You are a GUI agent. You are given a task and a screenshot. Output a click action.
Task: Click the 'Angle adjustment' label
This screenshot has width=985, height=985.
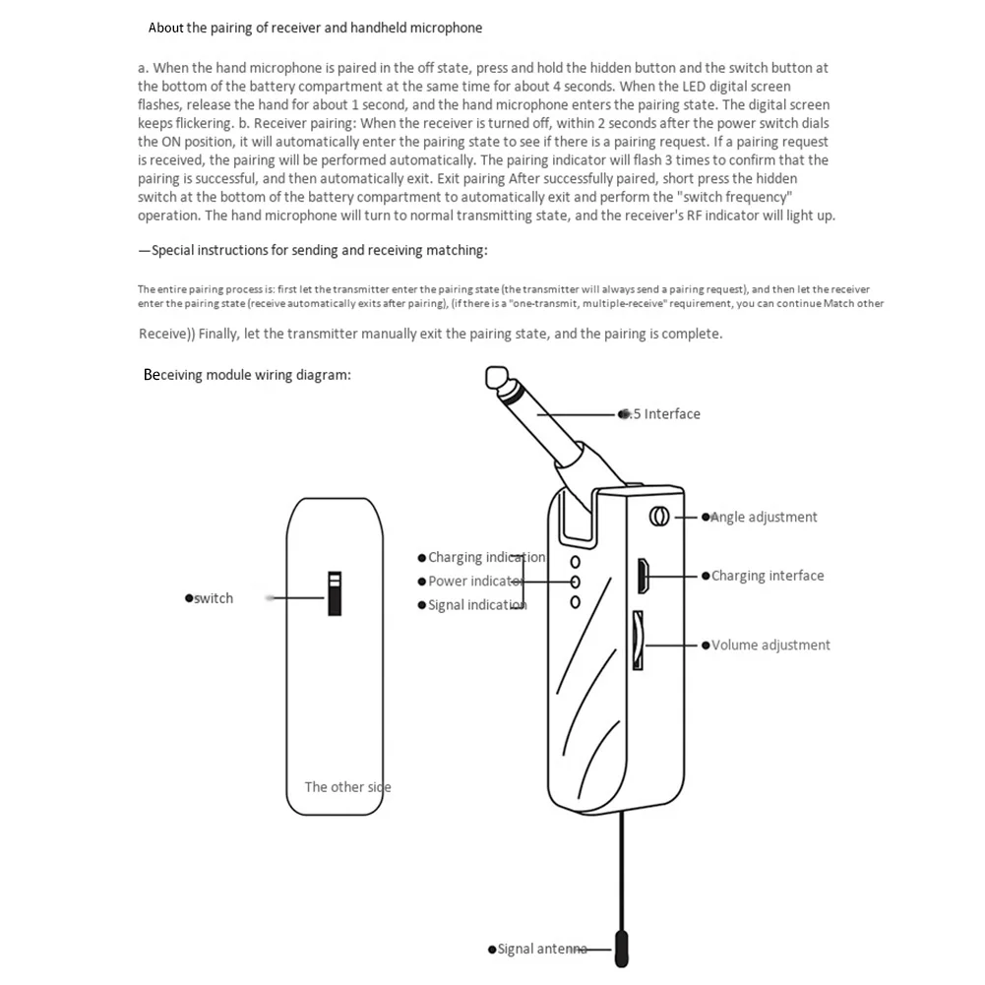pos(764,517)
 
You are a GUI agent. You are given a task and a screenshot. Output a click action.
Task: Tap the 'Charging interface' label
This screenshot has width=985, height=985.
pos(768,576)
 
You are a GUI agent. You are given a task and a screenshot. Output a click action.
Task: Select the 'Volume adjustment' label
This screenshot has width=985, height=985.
pos(770,646)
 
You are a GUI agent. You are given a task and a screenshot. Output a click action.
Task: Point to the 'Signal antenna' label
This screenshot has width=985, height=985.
pos(541,949)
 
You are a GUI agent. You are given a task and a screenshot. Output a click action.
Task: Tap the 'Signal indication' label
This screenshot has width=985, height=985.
pos(477,605)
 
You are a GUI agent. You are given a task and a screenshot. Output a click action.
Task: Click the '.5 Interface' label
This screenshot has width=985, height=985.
pos(666,414)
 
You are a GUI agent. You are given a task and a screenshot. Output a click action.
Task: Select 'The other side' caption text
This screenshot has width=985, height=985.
pos(347,786)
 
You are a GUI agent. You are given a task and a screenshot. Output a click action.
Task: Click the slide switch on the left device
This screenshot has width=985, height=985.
pos(335,592)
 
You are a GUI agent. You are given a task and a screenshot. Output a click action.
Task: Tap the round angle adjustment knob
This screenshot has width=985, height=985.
pos(660,516)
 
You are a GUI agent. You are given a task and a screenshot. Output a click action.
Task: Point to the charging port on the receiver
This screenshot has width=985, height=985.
pos(642,576)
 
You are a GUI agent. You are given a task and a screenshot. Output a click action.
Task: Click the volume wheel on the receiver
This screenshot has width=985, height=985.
pos(638,641)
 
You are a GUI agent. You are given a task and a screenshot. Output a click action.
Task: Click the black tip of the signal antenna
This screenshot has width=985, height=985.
pos(621,949)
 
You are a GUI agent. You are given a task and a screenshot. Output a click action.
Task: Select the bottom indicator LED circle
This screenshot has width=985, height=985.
pos(576,599)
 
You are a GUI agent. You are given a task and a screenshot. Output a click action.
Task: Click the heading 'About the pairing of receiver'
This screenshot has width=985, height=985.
pos(315,28)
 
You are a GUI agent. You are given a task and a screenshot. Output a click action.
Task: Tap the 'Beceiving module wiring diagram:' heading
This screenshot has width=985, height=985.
pos(247,375)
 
